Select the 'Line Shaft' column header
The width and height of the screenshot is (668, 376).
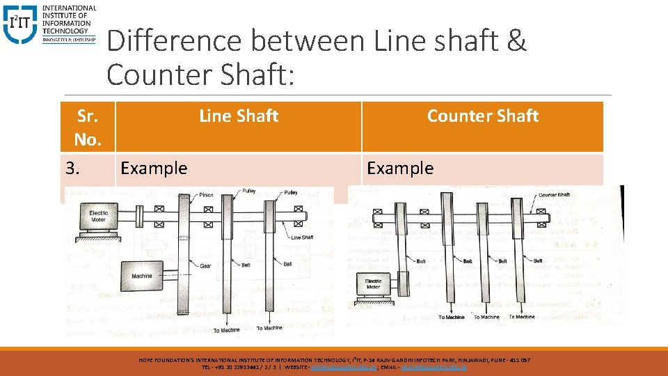(239, 116)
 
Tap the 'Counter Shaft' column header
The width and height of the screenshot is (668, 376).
(482, 116)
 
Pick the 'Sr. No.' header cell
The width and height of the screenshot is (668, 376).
(88, 127)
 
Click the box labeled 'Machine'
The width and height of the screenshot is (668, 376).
(142, 276)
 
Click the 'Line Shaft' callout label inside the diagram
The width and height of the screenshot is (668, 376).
(302, 237)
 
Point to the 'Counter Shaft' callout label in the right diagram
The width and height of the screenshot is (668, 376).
(553, 195)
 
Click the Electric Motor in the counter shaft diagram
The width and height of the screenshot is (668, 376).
(374, 283)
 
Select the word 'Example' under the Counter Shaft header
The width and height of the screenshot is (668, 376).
(400, 168)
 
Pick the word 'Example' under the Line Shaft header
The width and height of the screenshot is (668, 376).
(154, 168)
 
